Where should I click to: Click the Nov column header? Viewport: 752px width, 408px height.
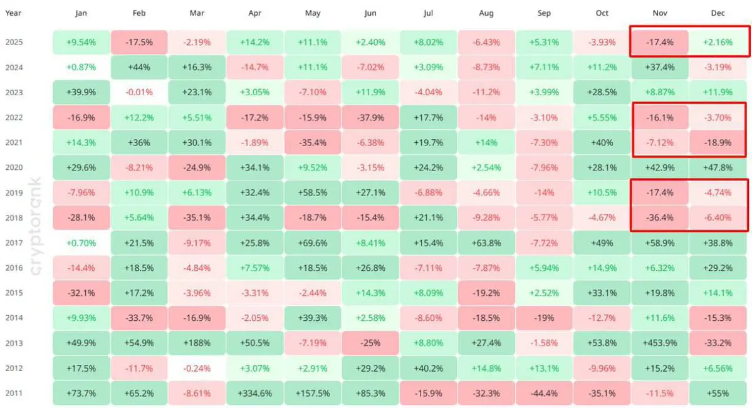[659, 13]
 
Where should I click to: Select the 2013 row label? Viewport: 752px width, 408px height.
[13, 343]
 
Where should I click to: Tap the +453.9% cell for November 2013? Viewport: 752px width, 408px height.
[659, 343]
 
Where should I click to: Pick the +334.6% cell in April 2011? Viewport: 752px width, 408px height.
[255, 393]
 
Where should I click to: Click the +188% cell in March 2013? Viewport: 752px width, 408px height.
[197, 343]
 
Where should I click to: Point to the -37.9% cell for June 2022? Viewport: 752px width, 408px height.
[370, 117]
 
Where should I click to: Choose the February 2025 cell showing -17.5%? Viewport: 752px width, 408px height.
[139, 43]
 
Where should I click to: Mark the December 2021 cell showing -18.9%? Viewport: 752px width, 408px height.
[718, 142]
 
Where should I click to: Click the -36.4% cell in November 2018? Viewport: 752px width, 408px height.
[659, 217]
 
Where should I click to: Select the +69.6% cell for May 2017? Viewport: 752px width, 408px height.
[312, 243]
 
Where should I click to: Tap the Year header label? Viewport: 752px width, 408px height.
[13, 13]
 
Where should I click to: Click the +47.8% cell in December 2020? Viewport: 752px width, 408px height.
[718, 167]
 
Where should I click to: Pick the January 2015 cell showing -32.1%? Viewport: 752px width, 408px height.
[81, 293]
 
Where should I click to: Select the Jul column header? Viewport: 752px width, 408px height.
[428, 13]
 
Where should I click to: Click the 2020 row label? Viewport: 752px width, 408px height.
[13, 167]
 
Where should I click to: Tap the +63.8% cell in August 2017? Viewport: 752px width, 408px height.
[486, 243]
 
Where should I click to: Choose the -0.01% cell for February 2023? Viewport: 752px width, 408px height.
[139, 92]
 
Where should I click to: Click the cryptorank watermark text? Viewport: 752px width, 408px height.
[36, 225]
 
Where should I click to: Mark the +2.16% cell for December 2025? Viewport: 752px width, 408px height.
[718, 43]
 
